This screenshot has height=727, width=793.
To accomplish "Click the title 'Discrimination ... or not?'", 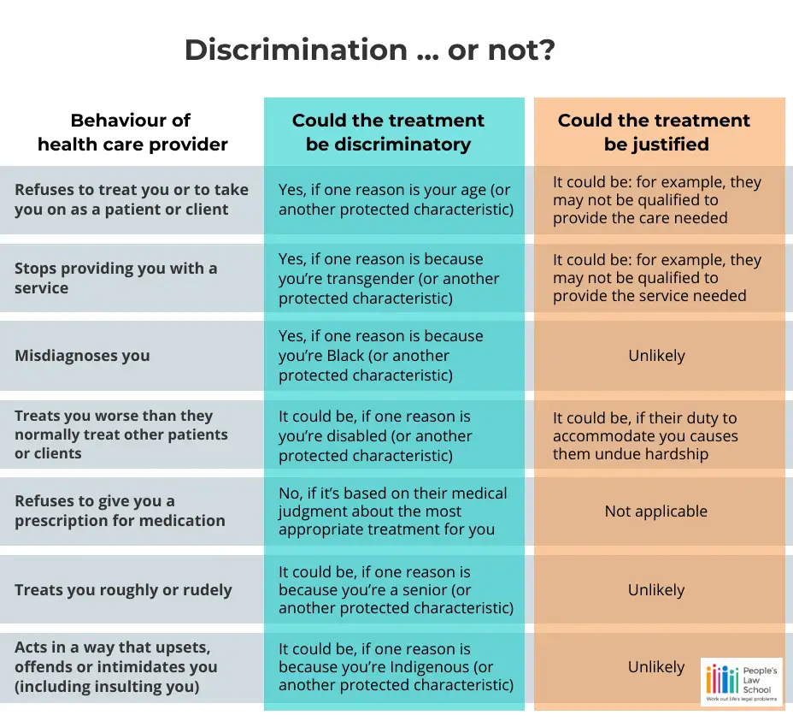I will click(370, 50).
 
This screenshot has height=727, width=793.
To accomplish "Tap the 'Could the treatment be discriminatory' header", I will click(388, 132).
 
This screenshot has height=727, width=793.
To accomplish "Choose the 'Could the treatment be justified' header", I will click(655, 132).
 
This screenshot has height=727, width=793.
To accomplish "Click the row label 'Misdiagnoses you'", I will click(82, 355).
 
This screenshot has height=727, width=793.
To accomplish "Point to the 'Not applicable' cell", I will click(655, 511).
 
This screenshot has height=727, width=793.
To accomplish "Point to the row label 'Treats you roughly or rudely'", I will click(123, 590).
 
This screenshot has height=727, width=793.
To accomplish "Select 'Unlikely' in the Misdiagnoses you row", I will click(655, 355).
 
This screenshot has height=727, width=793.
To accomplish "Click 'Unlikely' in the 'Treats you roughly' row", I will click(655, 590).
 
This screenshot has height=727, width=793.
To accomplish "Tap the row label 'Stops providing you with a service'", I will click(115, 278).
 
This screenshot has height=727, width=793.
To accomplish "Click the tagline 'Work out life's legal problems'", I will click(740, 700).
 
